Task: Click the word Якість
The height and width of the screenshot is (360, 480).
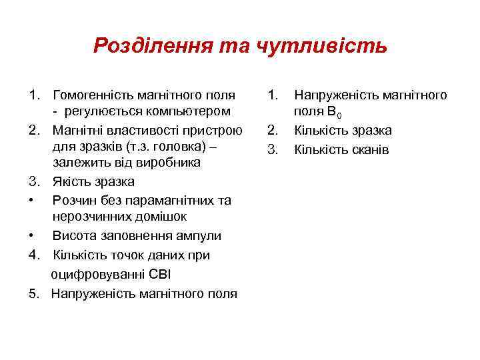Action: click(x=70, y=181)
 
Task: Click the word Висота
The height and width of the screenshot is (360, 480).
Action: click(x=72, y=235)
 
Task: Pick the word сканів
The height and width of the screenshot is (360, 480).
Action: click(x=365, y=149)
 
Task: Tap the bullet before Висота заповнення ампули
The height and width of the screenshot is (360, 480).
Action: click(x=32, y=235)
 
